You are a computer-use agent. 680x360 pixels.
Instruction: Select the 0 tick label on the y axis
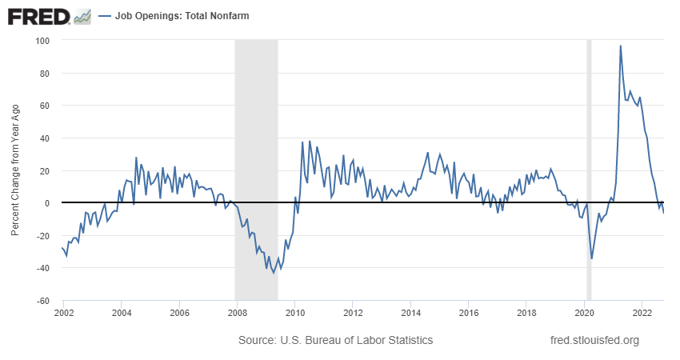click(46, 203)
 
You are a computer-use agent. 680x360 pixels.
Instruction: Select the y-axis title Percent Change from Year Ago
click(15, 170)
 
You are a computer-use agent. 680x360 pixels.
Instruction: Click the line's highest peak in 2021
click(621, 46)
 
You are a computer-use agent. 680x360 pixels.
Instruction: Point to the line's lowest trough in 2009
click(274, 273)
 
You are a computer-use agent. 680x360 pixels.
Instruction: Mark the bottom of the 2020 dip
click(592, 258)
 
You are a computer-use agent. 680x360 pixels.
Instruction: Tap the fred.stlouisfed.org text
click(595, 340)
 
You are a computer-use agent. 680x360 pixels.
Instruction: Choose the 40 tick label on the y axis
click(44, 138)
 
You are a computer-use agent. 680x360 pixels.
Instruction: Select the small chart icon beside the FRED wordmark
click(81, 15)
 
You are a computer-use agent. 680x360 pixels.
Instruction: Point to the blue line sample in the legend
click(104, 15)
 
